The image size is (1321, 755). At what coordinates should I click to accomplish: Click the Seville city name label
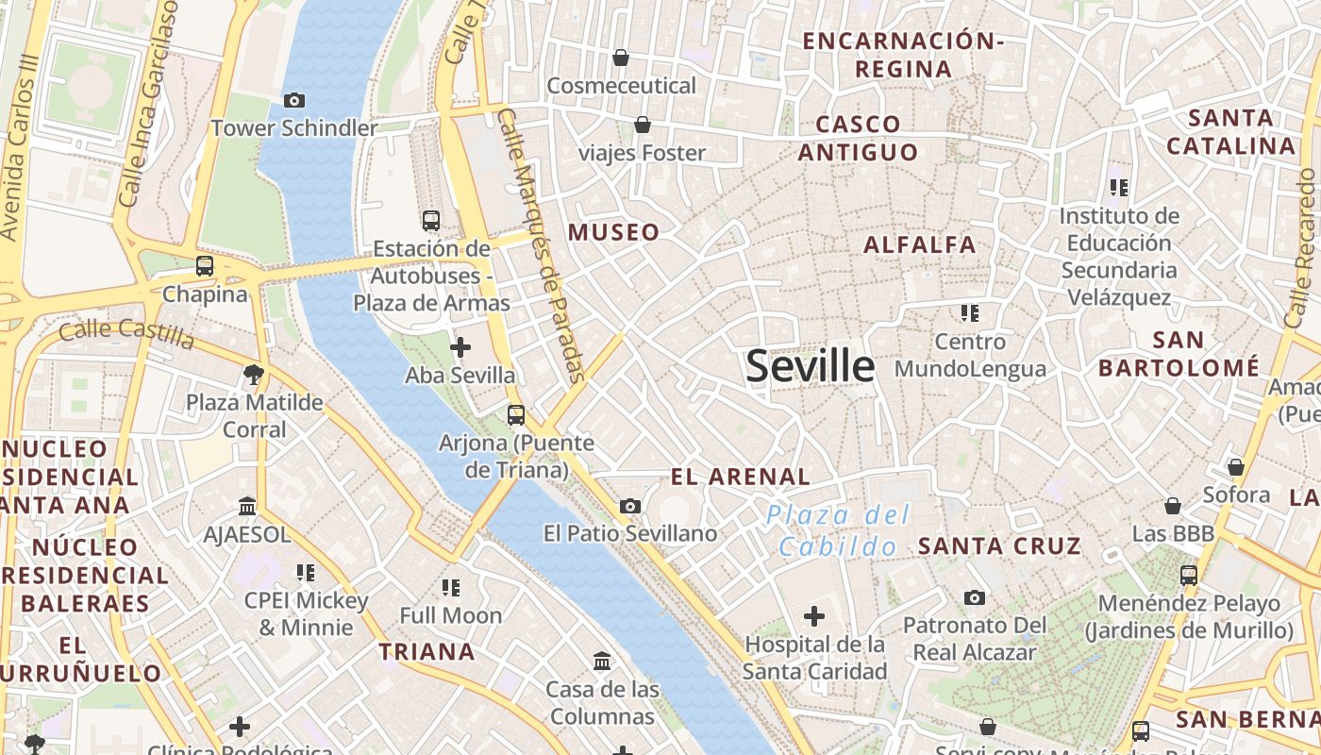coord(810,366)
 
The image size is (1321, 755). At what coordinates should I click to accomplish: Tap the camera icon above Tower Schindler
coord(294,100)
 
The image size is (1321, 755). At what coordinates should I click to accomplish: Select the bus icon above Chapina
coord(205,266)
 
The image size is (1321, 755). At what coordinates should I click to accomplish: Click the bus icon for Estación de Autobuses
coord(431,221)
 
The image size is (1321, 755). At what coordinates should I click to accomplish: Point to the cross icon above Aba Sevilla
coord(460,347)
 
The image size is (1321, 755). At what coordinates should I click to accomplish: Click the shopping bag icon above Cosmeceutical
coord(621,59)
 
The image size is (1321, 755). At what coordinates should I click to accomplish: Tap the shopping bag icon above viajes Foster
coord(643,125)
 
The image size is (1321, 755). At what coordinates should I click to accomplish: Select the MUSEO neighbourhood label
coord(613,232)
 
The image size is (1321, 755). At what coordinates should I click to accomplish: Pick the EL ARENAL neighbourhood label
coord(740,478)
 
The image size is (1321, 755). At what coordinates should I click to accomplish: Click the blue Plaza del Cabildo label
coord(838,530)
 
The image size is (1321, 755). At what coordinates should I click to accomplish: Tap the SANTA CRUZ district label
coord(999,546)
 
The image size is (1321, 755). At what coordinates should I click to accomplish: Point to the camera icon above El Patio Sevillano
coord(630,507)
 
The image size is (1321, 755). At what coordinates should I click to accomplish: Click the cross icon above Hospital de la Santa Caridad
coord(813,617)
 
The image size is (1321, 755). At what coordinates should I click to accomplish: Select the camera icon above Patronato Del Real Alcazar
coord(975,597)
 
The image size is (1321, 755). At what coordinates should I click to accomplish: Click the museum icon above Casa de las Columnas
coord(602,661)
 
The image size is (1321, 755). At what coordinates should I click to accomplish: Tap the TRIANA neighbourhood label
coord(426,652)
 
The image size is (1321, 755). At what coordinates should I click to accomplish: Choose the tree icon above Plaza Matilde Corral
coord(253,375)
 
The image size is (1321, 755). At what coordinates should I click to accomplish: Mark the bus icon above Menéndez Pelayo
coord(1189,575)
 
